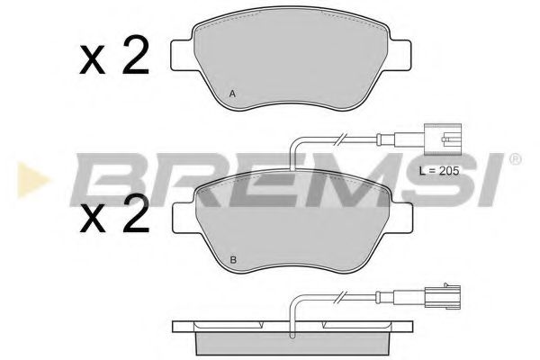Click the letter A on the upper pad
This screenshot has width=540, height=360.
[232, 94]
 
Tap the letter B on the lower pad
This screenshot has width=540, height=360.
[232, 261]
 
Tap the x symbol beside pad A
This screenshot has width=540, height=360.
[93, 60]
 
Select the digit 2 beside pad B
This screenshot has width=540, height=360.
[134, 216]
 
